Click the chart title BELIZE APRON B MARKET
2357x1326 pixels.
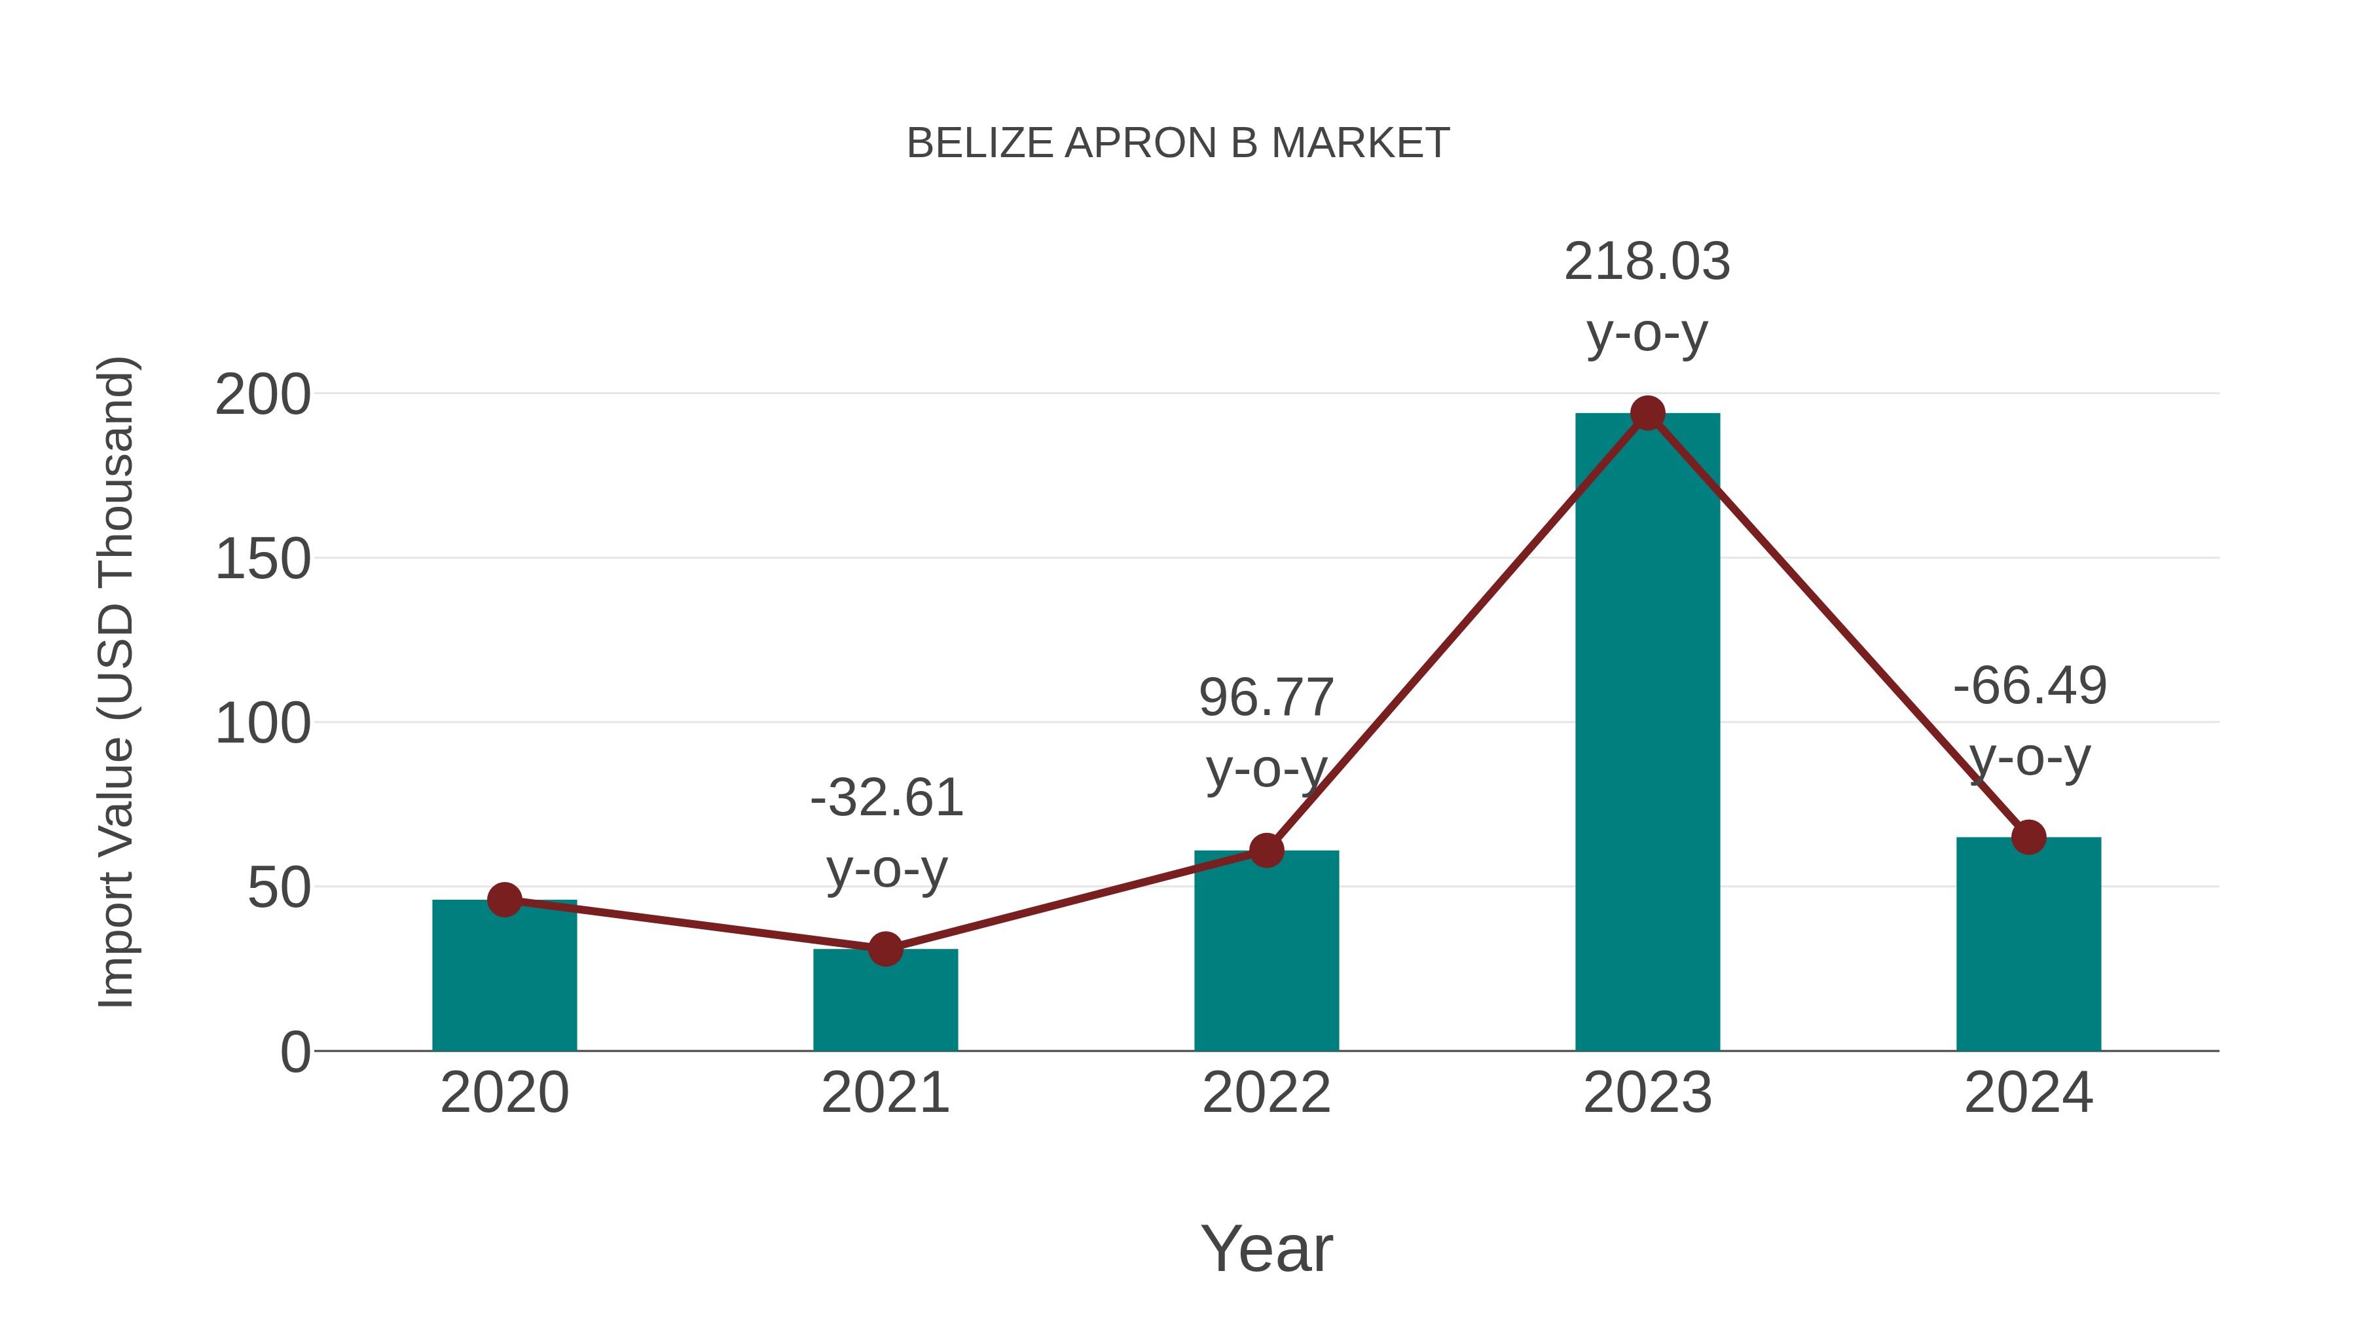1178,143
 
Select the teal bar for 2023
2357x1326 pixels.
1647,732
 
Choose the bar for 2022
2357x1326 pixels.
1266,951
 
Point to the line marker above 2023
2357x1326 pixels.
1647,414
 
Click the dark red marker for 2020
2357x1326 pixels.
504,900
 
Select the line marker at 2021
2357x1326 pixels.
885,949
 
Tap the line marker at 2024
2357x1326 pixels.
2028,838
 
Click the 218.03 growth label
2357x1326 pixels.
1647,263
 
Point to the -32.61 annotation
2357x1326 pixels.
886,798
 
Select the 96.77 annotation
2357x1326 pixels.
1266,698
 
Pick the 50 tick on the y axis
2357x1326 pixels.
279,889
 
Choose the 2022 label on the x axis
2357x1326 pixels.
1266,1093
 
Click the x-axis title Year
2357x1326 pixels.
1266,1249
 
